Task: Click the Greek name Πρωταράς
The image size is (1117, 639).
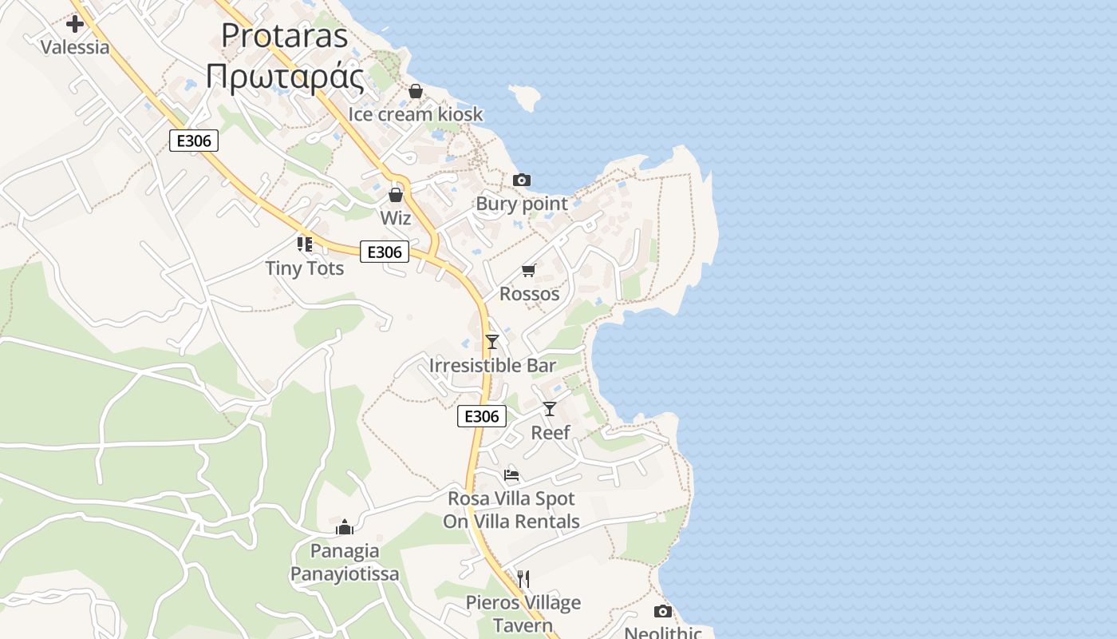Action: tap(285, 77)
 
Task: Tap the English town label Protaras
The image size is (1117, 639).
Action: tap(285, 36)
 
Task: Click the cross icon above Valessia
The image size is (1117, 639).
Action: tap(75, 24)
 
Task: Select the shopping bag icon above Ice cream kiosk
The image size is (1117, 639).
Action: tap(415, 92)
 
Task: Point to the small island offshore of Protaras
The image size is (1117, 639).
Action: tap(525, 98)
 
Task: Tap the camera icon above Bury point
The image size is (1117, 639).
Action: tap(521, 181)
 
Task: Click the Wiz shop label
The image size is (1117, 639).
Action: tap(396, 217)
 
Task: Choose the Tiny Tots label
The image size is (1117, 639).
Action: tap(305, 268)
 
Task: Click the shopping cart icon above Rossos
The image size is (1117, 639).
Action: tap(529, 271)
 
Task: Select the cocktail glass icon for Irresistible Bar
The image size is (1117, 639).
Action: tap(492, 342)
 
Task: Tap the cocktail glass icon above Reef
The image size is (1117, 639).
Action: tap(550, 409)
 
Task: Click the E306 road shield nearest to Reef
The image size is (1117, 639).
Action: tap(482, 416)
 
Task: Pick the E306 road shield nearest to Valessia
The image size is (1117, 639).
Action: tap(194, 141)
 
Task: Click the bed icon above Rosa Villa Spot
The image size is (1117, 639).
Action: tap(511, 475)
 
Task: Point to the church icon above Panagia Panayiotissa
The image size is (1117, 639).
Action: tap(345, 527)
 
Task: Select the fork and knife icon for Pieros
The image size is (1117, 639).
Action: tap(523, 578)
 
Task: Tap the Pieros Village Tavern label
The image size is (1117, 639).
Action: tap(523, 613)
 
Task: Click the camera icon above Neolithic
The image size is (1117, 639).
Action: tap(662, 612)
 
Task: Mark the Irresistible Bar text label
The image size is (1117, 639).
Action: tap(492, 366)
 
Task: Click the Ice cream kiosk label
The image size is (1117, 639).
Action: tap(415, 114)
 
